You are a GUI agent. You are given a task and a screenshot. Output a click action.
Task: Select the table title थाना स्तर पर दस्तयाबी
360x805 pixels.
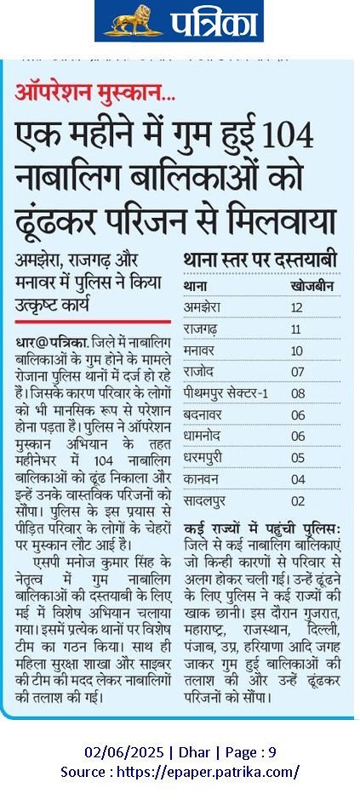point(260,259)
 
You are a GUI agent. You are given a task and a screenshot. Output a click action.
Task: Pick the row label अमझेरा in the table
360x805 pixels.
point(202,306)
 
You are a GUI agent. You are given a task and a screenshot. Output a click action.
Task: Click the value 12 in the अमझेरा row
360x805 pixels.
point(297,306)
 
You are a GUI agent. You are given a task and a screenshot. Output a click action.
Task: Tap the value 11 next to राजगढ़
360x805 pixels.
point(297,328)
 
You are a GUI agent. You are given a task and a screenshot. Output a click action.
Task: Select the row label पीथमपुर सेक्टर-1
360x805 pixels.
point(226,392)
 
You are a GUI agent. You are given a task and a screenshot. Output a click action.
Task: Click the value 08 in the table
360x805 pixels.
point(297,392)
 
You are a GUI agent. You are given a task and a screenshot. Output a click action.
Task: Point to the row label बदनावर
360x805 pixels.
point(203,414)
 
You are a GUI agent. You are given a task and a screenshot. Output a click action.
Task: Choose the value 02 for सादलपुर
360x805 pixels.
point(297,500)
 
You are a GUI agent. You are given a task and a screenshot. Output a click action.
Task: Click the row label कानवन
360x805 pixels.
point(201,479)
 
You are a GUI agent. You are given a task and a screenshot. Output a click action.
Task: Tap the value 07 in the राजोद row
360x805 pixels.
point(297,371)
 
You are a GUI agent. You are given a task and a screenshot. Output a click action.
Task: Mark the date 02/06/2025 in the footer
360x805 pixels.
point(118,752)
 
